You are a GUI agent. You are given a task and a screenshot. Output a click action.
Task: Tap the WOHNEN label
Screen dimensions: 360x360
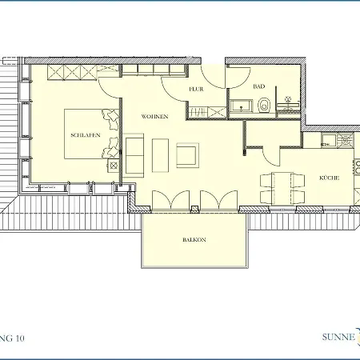(x=154, y=117)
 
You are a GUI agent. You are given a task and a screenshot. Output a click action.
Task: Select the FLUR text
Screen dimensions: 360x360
(x=197, y=90)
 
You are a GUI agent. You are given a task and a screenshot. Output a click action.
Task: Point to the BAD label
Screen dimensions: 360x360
(x=258, y=86)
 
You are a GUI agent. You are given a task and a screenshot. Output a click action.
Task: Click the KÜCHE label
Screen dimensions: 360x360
(x=330, y=178)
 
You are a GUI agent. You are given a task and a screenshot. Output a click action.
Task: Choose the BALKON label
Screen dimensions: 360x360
(x=194, y=240)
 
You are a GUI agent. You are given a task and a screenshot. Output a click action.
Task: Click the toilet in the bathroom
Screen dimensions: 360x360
(x=263, y=103)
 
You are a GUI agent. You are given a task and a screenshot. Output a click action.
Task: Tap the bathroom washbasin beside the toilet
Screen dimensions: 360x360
(x=239, y=104)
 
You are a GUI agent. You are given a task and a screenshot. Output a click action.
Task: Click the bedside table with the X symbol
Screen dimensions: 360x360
(x=112, y=165)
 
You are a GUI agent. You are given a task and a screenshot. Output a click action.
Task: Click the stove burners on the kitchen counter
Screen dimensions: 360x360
(x=344, y=142)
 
